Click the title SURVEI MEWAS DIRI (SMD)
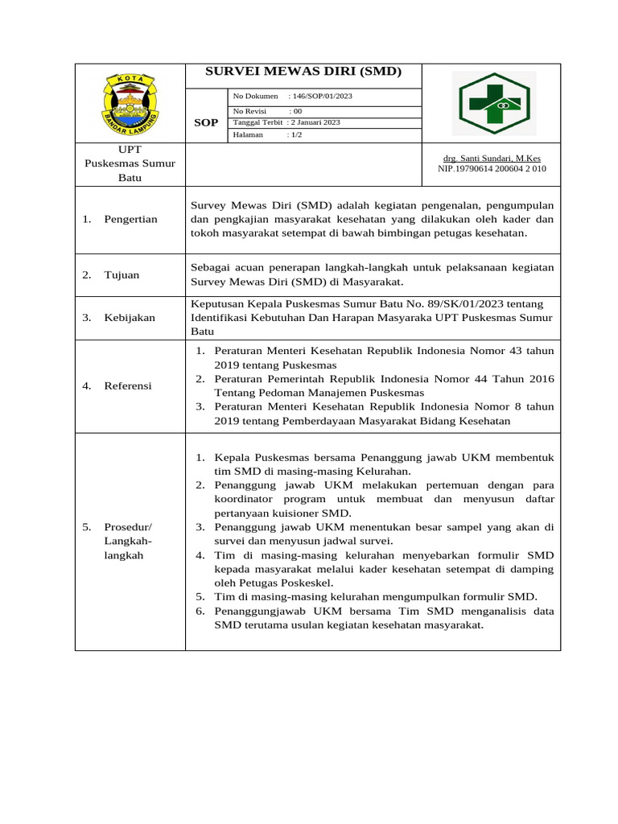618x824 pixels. (303, 72)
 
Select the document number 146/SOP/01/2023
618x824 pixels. (322, 97)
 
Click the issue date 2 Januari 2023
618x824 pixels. (315, 122)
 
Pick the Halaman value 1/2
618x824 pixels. (296, 135)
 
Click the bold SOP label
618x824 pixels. (206, 122)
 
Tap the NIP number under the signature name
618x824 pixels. (491, 169)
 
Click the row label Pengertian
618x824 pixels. (130, 220)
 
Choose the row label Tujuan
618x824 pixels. (122, 275)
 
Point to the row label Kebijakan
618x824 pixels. (130, 318)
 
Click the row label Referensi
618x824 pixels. (127, 386)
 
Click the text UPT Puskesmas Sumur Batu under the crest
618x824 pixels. (130, 163)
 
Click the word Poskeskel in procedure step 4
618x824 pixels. (303, 583)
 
